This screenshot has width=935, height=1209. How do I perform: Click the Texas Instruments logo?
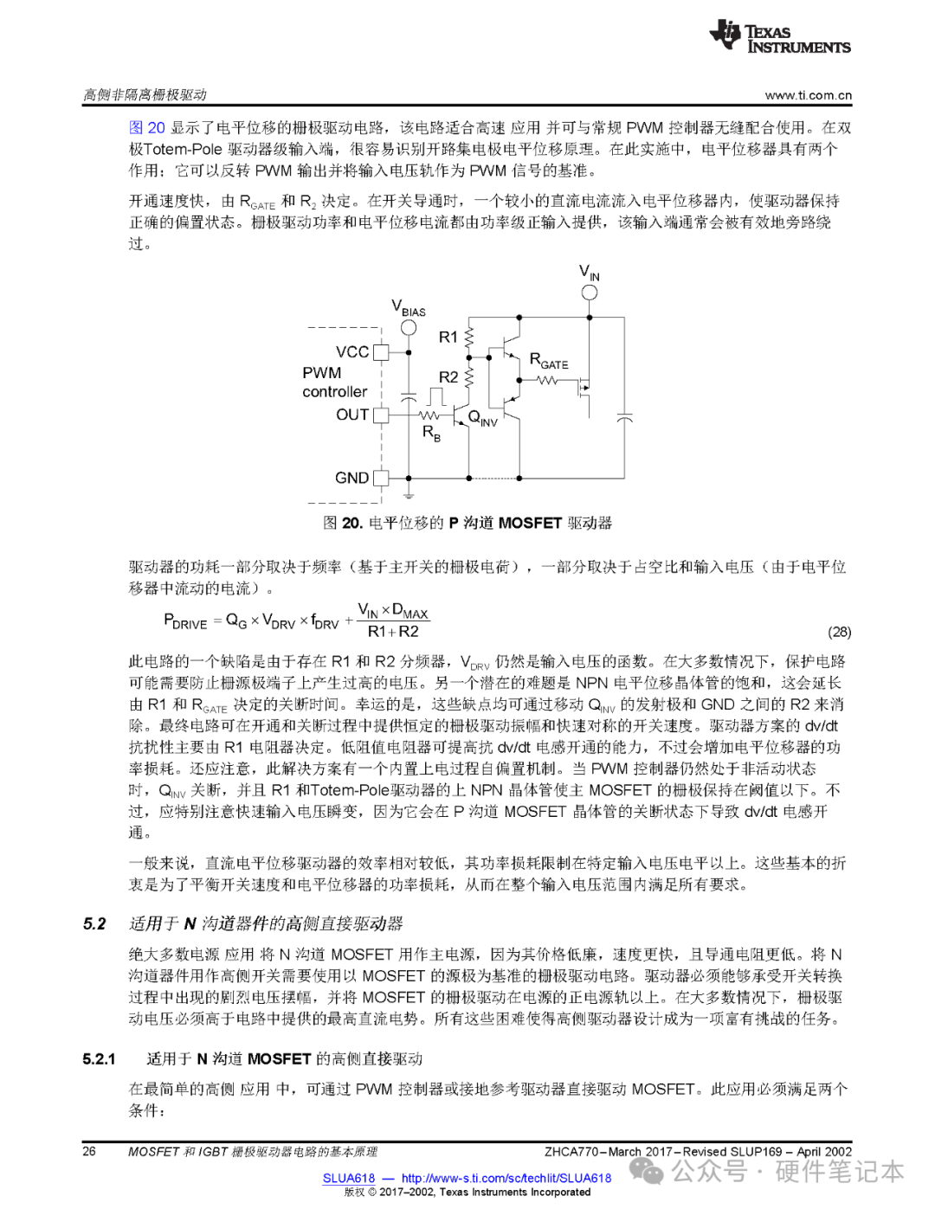click(779, 37)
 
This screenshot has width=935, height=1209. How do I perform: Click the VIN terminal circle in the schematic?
click(589, 292)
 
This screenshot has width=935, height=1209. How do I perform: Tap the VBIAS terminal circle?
click(408, 327)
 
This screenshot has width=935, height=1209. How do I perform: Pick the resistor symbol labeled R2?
click(469, 377)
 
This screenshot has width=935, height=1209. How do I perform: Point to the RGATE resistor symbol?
click(547, 380)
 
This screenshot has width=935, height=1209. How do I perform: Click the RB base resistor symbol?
click(430, 415)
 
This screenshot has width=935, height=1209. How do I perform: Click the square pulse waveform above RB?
click(435, 397)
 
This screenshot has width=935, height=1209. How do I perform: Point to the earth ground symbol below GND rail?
click(408, 494)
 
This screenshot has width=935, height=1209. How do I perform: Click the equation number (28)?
click(839, 632)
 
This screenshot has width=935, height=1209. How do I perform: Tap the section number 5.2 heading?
click(94, 923)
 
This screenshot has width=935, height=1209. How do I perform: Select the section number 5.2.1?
click(100, 1058)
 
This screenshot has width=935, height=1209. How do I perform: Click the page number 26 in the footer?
click(89, 1151)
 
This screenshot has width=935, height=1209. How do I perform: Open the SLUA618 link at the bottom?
click(349, 1178)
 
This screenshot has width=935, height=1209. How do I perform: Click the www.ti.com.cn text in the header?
click(808, 95)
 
